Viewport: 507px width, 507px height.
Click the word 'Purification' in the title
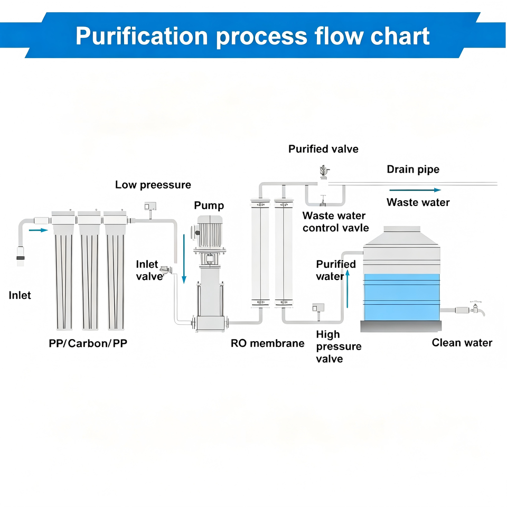[142, 36]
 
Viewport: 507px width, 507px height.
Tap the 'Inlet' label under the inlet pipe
[20, 295]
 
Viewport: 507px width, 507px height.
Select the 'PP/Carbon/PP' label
[88, 343]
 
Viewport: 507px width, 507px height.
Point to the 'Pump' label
[209, 205]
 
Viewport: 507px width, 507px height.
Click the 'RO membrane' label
[267, 343]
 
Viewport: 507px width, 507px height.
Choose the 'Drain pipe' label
[413, 170]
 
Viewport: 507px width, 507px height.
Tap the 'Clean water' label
[462, 343]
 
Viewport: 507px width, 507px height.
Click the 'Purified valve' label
[323, 149]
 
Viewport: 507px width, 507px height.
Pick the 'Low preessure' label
[153, 185]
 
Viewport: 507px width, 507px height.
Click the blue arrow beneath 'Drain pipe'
[415, 190]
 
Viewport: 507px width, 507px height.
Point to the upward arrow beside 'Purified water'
[348, 289]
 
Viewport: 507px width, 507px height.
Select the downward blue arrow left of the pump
[184, 259]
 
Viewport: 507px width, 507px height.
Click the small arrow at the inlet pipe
[38, 230]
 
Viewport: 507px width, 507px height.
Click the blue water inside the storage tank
[401, 297]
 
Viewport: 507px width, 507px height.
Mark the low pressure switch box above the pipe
[151, 206]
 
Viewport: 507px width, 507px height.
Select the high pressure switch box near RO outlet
[318, 307]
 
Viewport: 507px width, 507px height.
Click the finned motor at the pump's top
[210, 232]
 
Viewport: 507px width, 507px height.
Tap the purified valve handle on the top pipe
[324, 171]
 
